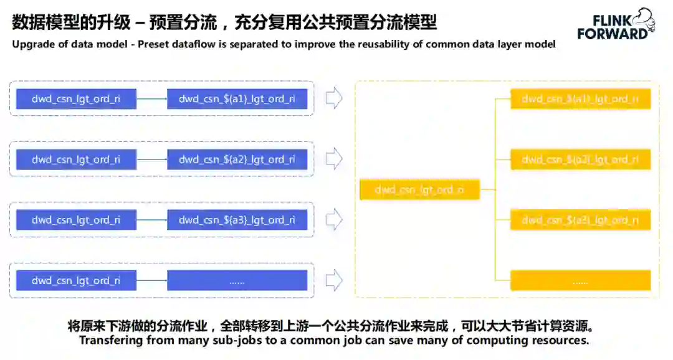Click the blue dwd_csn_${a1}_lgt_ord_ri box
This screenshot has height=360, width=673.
(x=237, y=99)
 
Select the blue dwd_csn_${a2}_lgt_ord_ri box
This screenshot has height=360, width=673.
(x=237, y=159)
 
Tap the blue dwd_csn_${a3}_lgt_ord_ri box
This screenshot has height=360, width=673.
(x=237, y=220)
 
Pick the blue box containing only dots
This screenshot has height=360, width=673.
(x=237, y=281)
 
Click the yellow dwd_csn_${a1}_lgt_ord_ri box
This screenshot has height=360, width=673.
(x=580, y=99)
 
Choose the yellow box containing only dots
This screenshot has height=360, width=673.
(x=580, y=281)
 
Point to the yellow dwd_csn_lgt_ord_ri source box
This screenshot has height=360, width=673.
(x=419, y=190)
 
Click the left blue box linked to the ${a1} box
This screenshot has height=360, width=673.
(x=76, y=99)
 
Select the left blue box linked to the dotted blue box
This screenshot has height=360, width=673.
(x=76, y=281)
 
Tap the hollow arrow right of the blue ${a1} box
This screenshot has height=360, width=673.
(x=335, y=98)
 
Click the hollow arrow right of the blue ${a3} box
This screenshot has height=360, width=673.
(x=335, y=219)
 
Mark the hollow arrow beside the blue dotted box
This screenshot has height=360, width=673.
(x=335, y=280)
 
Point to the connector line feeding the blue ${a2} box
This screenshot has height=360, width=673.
(x=151, y=159)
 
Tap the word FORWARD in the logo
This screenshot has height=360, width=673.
(x=612, y=34)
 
